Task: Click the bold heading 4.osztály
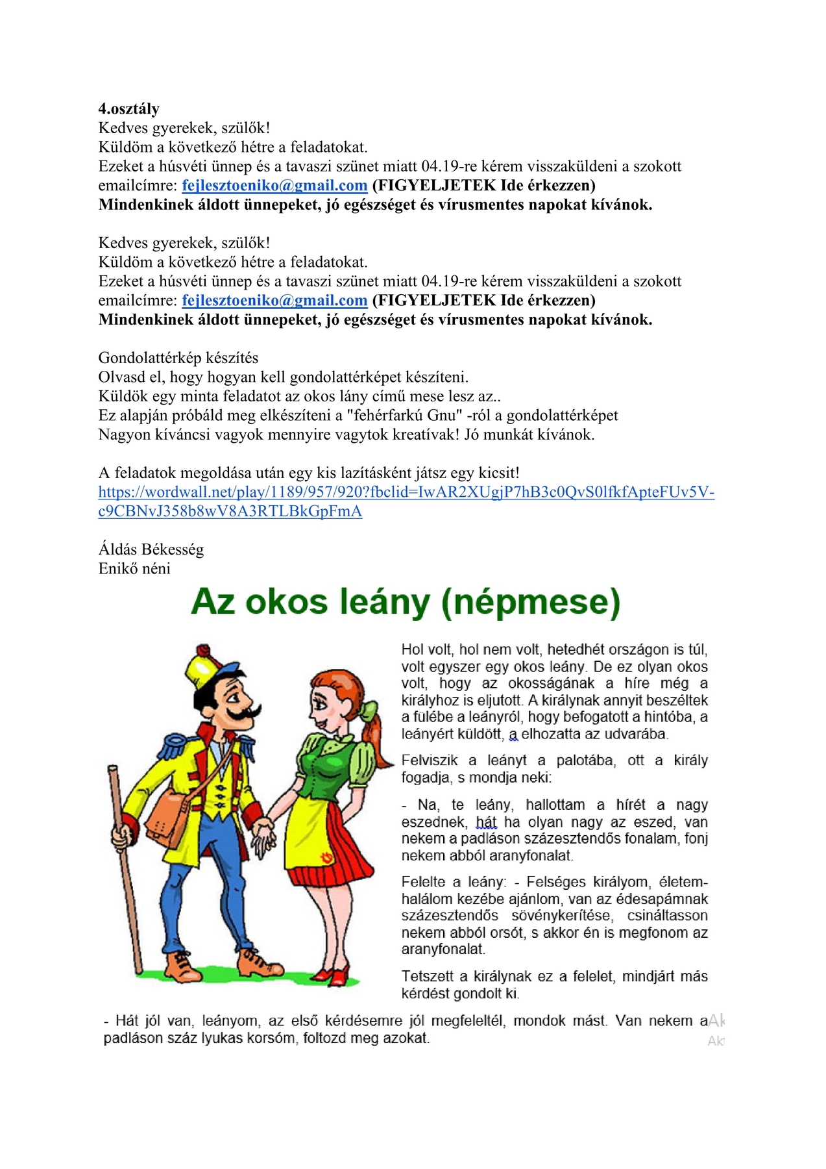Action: tap(128, 108)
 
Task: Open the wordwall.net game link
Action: tap(406, 492)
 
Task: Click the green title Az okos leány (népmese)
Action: tap(406, 601)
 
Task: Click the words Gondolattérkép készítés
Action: tap(178, 358)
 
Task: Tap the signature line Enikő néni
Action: tap(134, 569)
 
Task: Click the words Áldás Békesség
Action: tap(151, 549)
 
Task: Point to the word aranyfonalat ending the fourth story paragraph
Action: tap(443, 949)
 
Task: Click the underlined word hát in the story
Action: tap(486, 822)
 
